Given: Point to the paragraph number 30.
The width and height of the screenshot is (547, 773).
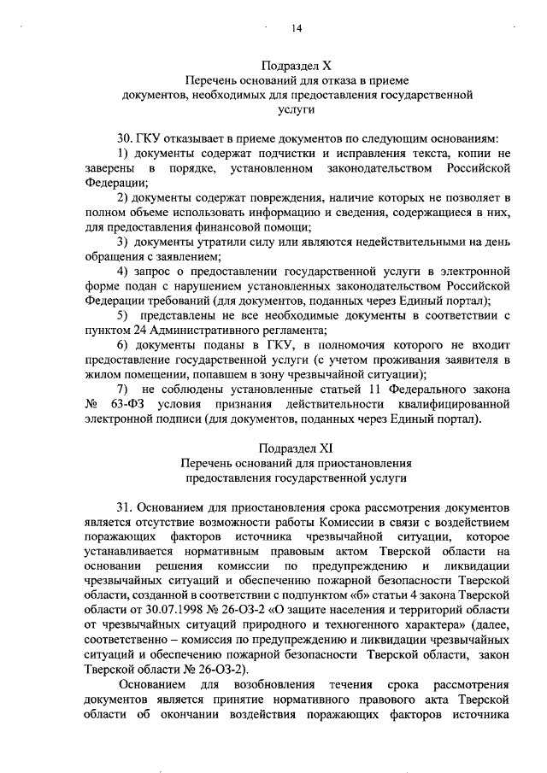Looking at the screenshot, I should pos(125,138).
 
